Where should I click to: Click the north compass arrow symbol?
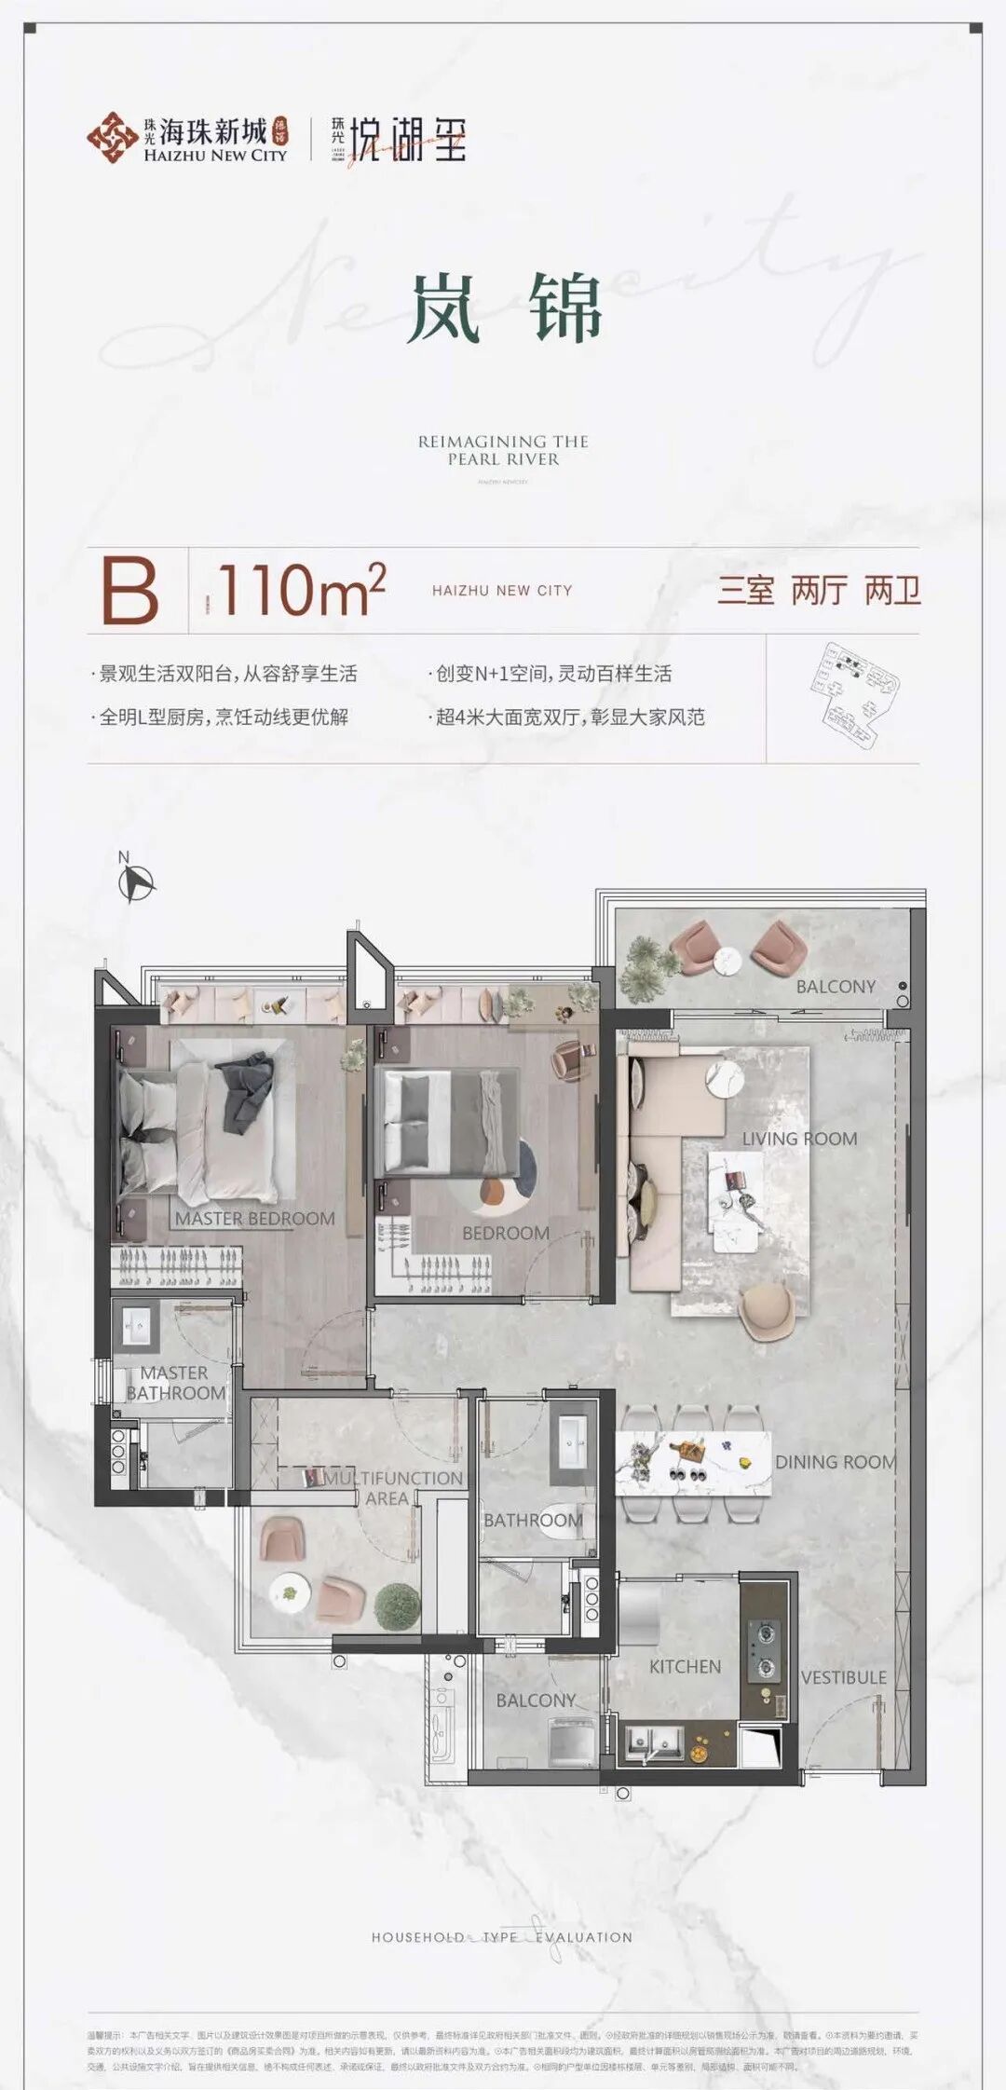tap(137, 881)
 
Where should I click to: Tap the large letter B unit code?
tap(129, 591)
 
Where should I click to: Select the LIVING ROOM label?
tap(799, 1139)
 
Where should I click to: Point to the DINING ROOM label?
tap(835, 1462)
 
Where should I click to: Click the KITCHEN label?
tap(685, 1666)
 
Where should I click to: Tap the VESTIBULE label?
tap(844, 1677)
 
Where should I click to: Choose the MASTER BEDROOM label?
tap(254, 1218)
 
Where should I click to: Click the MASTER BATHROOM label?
tap(175, 1383)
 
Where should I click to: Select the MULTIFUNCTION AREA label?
tap(391, 1488)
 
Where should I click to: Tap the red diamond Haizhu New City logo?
tap(112, 138)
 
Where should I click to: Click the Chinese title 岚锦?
tap(504, 307)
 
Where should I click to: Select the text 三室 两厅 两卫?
tap(818, 591)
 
